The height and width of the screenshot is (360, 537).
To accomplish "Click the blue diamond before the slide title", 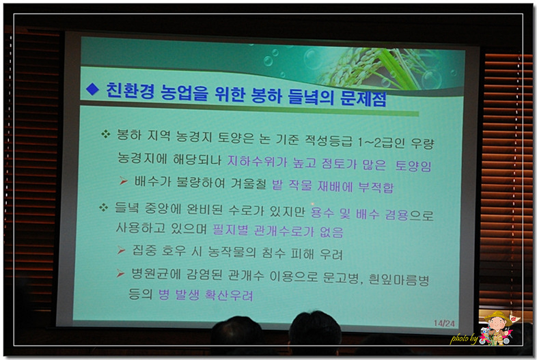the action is (92, 89).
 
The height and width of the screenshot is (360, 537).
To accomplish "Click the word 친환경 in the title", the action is (130, 91).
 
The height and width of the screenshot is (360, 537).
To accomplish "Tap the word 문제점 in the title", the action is (363, 98).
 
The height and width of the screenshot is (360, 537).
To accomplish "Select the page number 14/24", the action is (444, 323).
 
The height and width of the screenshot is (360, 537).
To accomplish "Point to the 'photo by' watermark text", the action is (464, 339).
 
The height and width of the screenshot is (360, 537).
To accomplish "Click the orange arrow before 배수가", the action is (123, 181).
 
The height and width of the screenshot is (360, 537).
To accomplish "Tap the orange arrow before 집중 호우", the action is (121, 251).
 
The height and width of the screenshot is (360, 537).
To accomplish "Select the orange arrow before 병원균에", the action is (120, 273).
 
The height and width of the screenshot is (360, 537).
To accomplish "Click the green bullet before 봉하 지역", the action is (105, 134).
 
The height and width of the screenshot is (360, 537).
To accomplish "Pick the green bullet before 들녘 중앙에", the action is (103, 207).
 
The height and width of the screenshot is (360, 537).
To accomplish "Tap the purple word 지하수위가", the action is (257, 161).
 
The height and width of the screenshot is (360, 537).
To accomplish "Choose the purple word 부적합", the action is (376, 187).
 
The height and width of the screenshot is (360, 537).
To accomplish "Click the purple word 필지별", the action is (230, 230).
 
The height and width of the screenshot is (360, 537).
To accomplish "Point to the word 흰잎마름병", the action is (398, 279).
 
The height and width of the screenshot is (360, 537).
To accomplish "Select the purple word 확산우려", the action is (229, 295).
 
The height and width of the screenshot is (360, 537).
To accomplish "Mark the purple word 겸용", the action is (396, 214).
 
